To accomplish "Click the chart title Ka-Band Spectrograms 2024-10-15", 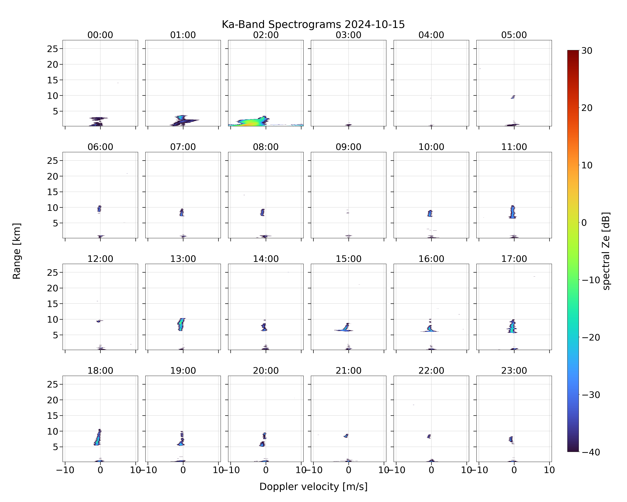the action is (313, 24).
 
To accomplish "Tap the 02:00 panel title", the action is (266, 35).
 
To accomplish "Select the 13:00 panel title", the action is (183, 259).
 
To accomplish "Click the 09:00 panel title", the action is (348, 147).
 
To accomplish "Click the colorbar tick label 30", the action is (587, 51).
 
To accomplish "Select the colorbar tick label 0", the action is (584, 223).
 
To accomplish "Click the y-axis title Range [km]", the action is (17, 251).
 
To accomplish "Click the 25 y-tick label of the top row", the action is (53, 49).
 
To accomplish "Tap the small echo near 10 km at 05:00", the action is (513, 97).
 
